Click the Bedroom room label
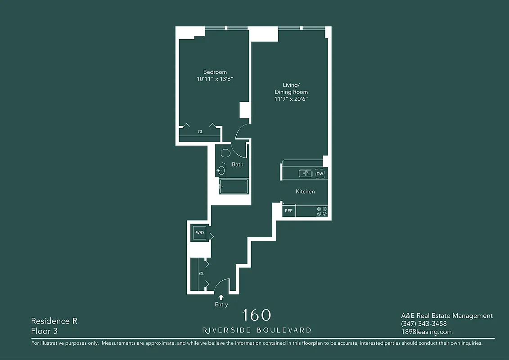(x=215, y=72)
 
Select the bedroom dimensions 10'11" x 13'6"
(x=215, y=79)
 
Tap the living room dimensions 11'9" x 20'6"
(x=291, y=99)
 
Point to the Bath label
(x=238, y=165)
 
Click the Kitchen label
(x=305, y=192)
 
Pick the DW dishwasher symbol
(x=320, y=174)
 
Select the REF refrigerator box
(x=288, y=211)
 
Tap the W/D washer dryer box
(x=199, y=233)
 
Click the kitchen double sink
(x=306, y=174)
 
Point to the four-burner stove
(x=321, y=211)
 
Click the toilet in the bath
(x=225, y=153)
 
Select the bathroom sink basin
(x=221, y=170)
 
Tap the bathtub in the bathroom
(x=234, y=187)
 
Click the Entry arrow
(x=221, y=297)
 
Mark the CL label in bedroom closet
(x=200, y=132)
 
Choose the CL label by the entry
(x=202, y=274)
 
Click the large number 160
(x=257, y=315)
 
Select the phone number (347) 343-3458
(x=423, y=324)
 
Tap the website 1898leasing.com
(x=427, y=332)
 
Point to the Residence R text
(x=54, y=321)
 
